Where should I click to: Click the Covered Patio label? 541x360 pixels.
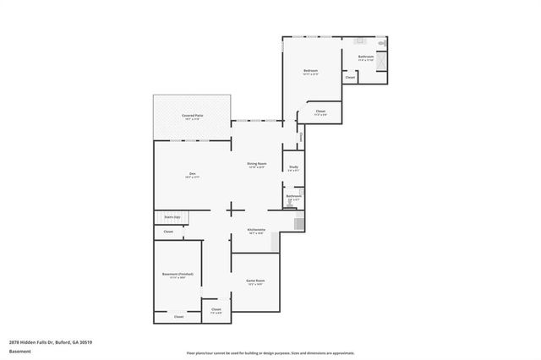[x=192, y=116]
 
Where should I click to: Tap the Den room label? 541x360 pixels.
[x=193, y=175]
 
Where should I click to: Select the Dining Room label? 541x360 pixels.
[x=256, y=164]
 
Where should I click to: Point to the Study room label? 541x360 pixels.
[x=292, y=168]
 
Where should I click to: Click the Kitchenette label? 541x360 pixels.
[x=257, y=230]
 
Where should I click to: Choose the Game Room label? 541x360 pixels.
[x=255, y=281]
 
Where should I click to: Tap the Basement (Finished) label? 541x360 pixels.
[x=178, y=275]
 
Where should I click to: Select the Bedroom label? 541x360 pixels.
[x=310, y=71]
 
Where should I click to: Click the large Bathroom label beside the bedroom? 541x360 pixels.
[x=365, y=58]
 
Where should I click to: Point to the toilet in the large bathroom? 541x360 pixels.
[x=381, y=42]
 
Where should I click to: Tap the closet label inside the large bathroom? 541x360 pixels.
[x=350, y=78]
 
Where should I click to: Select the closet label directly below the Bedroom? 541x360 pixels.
[x=320, y=112]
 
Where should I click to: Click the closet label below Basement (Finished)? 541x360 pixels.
[x=178, y=317]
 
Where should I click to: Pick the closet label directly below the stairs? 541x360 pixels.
[x=168, y=232]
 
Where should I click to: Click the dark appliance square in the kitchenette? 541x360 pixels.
[x=298, y=224]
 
